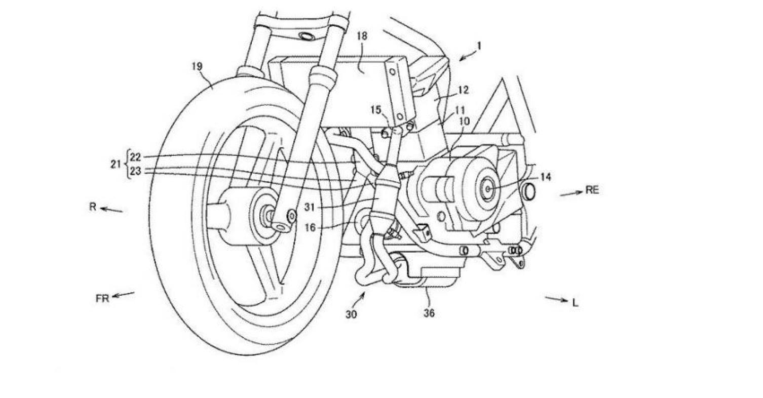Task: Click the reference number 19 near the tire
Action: (197, 66)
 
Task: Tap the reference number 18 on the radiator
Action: (362, 36)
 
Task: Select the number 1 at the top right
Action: (479, 46)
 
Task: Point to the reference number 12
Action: (463, 90)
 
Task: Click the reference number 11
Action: (460, 110)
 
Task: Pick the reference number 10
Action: (465, 121)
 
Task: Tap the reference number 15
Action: (376, 110)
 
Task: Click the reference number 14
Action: (546, 177)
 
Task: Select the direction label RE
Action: (592, 190)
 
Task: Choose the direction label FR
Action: (102, 299)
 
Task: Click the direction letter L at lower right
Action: (575, 303)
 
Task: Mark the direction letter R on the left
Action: (93, 207)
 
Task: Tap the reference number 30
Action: (351, 314)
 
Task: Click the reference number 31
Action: (310, 207)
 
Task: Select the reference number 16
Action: (310, 228)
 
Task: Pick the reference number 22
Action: (135, 157)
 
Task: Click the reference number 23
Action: (135, 171)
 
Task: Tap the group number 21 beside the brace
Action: (116, 164)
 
